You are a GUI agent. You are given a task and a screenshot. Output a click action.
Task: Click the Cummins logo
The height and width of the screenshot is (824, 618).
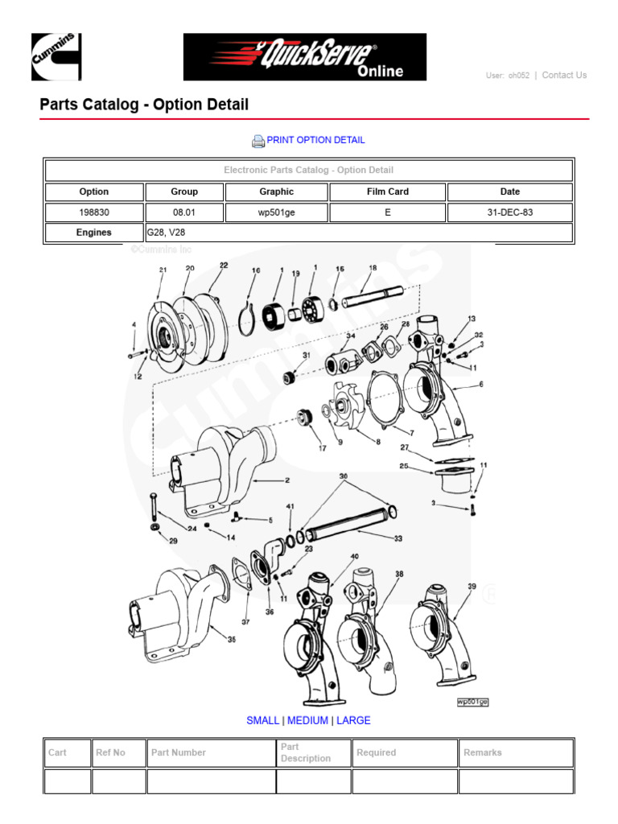56,57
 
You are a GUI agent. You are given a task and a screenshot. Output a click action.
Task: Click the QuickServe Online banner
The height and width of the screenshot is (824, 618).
304,57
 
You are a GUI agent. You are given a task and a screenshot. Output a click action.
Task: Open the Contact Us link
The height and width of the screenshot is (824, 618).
564,75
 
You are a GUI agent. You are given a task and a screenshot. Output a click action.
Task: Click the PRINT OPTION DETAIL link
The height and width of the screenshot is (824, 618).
315,140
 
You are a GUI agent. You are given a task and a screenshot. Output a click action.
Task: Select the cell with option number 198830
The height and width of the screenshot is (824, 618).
94,212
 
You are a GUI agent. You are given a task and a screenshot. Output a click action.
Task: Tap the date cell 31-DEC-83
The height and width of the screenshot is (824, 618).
509,212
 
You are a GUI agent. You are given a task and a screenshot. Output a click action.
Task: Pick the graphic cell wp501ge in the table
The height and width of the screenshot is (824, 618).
277,212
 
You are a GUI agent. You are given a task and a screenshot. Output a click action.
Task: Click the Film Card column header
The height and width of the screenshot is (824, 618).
388,192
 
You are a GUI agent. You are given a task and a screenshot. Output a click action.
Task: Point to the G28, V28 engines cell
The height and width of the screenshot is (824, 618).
358,233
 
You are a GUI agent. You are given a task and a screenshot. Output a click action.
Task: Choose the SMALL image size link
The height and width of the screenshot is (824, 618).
262,720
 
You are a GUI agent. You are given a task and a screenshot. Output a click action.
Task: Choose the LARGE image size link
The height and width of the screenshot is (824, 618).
353,720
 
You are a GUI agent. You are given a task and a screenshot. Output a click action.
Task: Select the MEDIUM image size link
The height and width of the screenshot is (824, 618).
307,720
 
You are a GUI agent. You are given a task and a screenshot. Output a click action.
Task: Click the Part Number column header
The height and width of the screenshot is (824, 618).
179,752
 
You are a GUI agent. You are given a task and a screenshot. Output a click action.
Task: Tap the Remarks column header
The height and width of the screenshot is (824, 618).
483,752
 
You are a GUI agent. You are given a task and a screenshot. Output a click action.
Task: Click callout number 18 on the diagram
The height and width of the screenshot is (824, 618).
373,268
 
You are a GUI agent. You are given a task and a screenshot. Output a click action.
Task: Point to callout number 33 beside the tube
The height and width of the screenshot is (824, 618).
398,539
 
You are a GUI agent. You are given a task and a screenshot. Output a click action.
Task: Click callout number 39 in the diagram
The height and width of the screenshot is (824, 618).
472,587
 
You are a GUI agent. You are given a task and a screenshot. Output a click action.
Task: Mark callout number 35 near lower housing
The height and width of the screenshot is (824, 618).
231,641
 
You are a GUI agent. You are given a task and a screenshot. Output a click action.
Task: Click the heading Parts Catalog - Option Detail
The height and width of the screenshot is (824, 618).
144,105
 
